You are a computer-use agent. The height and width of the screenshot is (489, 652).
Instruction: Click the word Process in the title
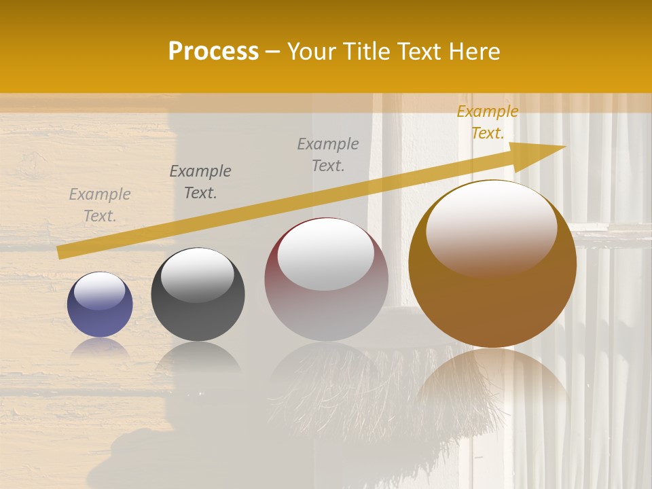213,52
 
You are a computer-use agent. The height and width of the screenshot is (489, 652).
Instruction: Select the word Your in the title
312,52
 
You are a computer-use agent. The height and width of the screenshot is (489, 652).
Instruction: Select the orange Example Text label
487,122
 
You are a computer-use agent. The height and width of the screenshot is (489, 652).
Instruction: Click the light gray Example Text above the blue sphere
100,205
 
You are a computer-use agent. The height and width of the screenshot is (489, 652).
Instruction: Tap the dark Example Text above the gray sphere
200,182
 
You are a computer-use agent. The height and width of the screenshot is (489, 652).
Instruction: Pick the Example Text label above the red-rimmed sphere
328,154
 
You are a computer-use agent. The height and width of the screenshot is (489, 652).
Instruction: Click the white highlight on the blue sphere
100,291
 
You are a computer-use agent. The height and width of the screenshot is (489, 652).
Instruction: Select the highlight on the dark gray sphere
197,274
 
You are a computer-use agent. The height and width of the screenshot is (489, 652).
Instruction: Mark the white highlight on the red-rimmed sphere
326,253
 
